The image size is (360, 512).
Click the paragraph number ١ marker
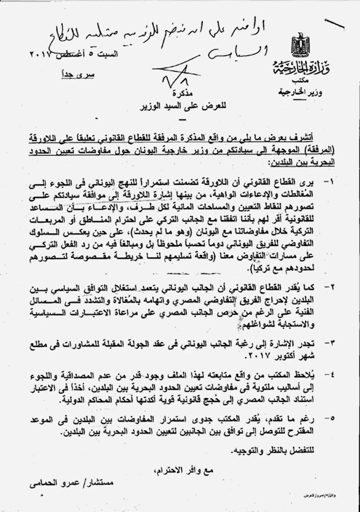[328, 182]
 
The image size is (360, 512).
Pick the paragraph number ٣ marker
[328, 342]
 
